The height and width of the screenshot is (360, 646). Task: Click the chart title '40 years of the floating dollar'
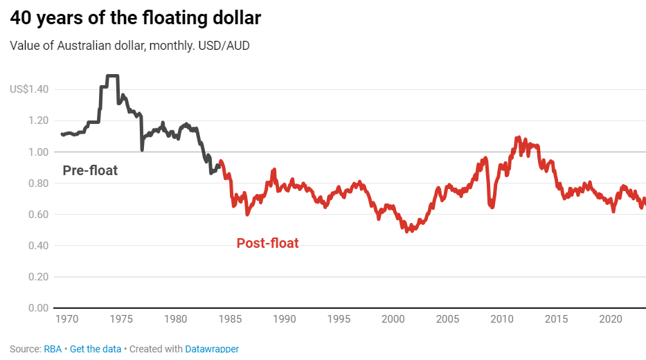(136, 18)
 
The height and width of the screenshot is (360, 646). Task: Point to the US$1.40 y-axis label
(29, 89)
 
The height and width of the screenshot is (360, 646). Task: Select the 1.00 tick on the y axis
(39, 152)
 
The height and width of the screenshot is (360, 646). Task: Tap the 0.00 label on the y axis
(39, 308)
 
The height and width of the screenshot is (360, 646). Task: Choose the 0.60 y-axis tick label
(39, 215)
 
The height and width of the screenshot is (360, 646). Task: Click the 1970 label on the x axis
(67, 319)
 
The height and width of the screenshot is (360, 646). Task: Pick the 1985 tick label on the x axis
(230, 319)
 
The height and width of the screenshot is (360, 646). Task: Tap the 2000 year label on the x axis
(393, 319)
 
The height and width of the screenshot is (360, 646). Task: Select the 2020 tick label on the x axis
(610, 319)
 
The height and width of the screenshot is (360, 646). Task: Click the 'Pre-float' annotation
(90, 170)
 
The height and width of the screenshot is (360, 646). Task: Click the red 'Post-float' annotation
(267, 243)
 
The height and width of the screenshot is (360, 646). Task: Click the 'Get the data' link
(96, 348)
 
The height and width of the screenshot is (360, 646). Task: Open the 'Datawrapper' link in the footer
(212, 348)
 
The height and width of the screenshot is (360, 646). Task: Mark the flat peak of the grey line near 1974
(112, 75)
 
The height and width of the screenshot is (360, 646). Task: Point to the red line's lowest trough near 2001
(408, 231)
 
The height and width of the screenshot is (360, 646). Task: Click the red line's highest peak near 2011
(518, 138)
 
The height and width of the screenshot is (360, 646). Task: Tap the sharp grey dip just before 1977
(142, 150)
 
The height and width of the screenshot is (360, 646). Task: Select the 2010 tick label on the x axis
(501, 319)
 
